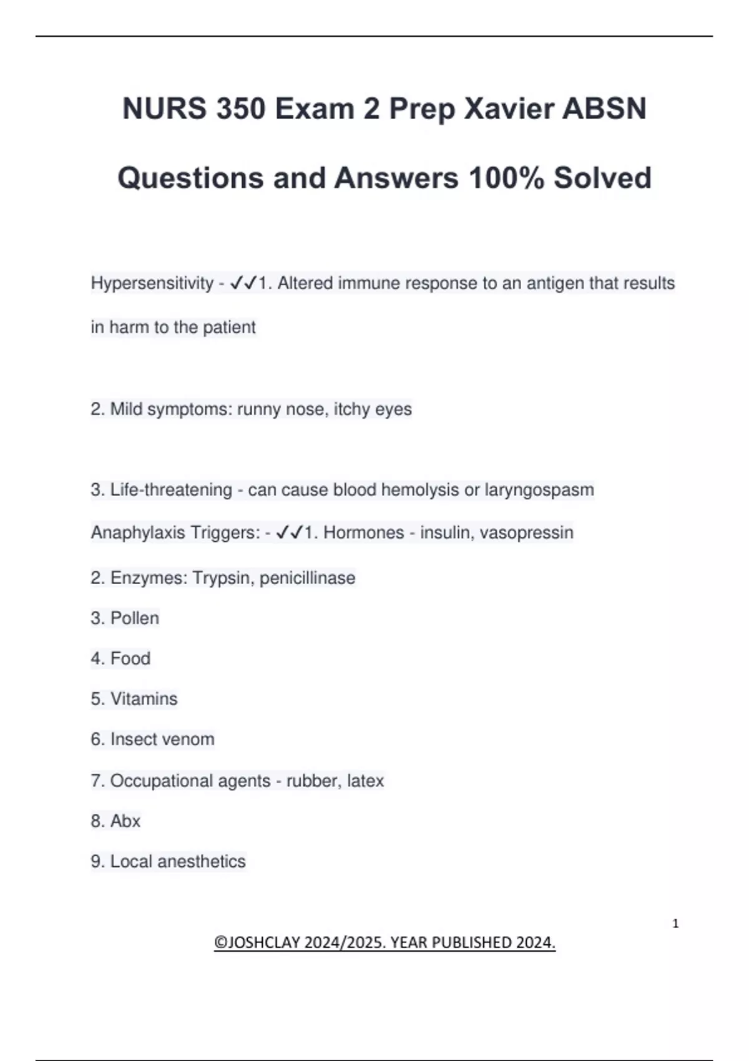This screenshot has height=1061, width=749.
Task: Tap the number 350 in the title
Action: (x=239, y=109)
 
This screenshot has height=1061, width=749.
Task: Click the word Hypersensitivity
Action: (x=152, y=283)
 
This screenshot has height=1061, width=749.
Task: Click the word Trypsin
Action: (x=221, y=578)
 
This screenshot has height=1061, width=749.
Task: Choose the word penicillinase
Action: (x=307, y=578)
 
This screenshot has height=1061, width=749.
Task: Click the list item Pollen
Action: (x=134, y=619)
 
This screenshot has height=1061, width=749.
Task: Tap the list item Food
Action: (x=130, y=658)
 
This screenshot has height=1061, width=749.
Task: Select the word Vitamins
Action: (x=144, y=699)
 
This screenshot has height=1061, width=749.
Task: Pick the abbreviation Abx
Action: (x=125, y=821)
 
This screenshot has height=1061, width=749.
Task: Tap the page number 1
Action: (x=675, y=924)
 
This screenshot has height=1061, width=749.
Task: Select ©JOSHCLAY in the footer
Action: (x=257, y=942)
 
